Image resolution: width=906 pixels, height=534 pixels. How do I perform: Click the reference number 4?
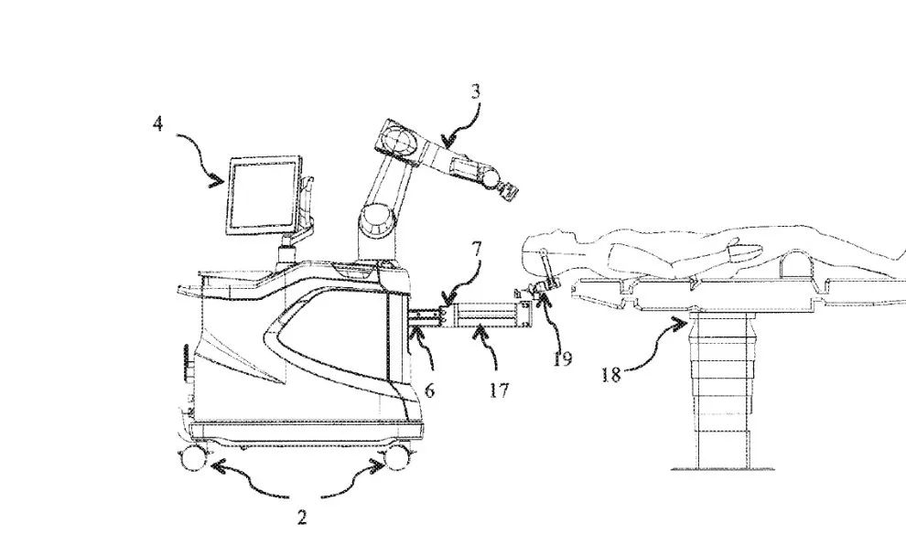coord(157,123)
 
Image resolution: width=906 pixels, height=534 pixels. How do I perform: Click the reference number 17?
coord(500,390)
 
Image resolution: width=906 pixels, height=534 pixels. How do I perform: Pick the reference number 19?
coord(562,358)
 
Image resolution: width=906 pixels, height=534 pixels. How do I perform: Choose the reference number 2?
coord(302,518)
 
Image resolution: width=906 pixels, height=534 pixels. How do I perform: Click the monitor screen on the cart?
coord(263,193)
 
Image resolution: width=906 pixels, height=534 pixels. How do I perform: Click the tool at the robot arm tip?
coord(504,187)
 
